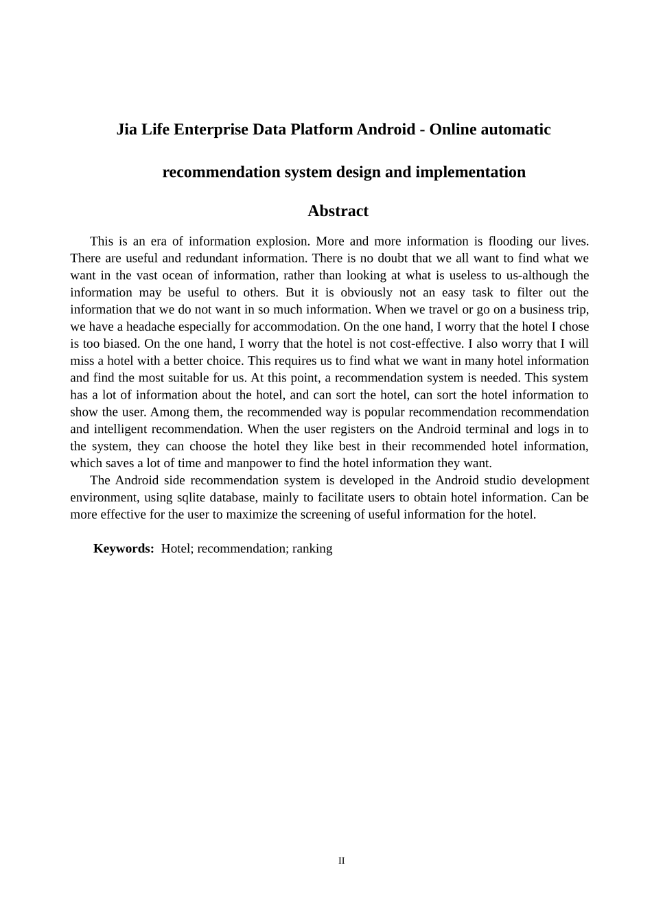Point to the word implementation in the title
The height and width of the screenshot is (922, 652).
point(474,172)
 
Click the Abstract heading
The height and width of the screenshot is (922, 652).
point(338,211)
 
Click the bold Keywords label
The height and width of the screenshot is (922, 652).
point(124,549)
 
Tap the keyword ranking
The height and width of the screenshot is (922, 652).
point(312,549)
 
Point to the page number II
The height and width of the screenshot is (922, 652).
point(341,861)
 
